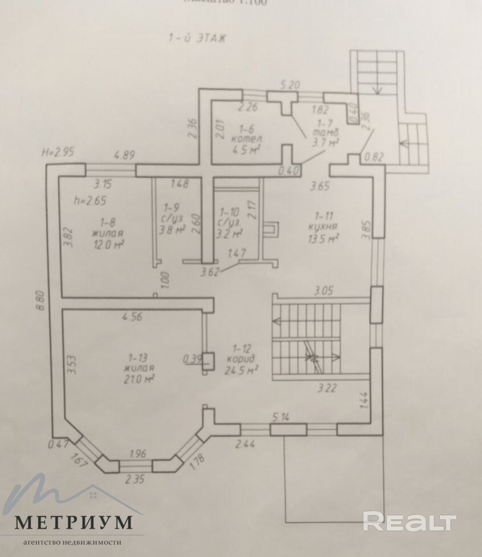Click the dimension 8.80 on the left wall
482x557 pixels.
(39, 300)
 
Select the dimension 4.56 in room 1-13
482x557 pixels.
(132, 317)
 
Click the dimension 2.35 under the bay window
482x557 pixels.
(134, 479)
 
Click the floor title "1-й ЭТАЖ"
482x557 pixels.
(197, 38)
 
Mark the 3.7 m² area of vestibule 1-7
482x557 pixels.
(324, 143)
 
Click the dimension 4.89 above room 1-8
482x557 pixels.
(126, 154)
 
